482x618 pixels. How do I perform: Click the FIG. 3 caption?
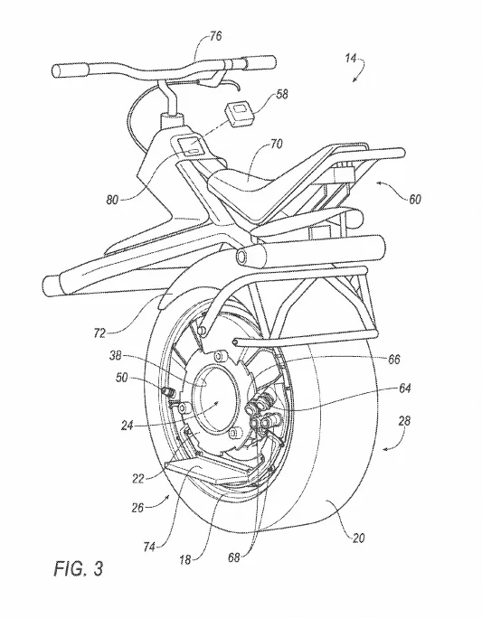[79, 568]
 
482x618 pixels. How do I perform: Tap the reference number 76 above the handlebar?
[215, 36]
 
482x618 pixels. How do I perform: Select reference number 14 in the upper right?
[351, 59]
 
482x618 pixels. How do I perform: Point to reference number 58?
[282, 94]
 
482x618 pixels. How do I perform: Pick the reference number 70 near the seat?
[276, 145]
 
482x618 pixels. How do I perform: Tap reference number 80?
[112, 201]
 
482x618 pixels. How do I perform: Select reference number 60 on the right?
[414, 199]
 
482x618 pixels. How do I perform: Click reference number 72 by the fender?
[99, 333]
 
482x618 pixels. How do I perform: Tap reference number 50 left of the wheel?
[121, 378]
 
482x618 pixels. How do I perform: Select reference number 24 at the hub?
[128, 426]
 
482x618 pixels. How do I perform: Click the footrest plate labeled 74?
[207, 471]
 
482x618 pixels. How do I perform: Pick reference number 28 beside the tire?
[404, 421]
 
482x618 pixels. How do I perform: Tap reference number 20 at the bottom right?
[358, 538]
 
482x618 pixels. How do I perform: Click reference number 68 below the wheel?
[234, 557]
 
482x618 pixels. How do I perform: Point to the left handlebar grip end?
[58, 70]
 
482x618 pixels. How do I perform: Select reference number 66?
[393, 359]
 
